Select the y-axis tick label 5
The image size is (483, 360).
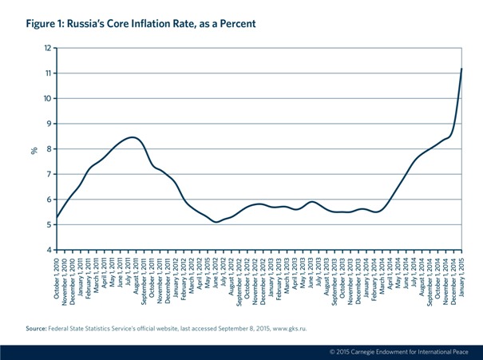point(48,225)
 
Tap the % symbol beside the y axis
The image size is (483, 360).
point(34,148)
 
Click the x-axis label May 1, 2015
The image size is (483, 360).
point(207,275)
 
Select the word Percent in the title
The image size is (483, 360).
point(236,24)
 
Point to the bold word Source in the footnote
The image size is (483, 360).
point(36,327)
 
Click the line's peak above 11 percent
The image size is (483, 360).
point(461,69)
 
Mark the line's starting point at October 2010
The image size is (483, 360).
point(57,218)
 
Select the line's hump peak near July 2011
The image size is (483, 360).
point(132,137)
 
